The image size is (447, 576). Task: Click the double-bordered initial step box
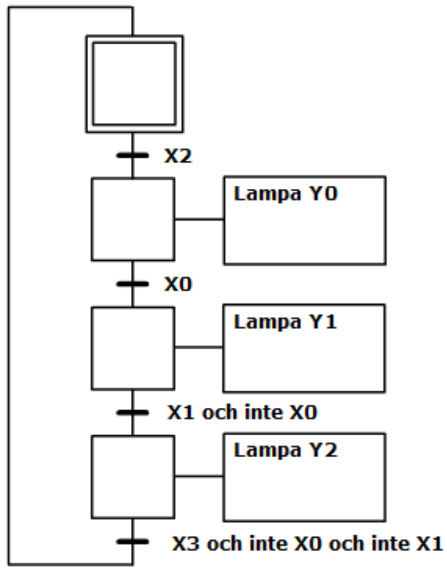point(133,83)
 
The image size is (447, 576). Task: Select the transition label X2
point(178,156)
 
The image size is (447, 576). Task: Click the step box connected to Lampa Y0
point(133,219)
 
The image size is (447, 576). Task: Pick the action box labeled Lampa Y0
point(304,220)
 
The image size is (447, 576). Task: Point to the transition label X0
point(178,285)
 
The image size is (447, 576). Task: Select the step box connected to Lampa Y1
point(133,348)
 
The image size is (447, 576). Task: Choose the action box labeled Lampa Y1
point(304,348)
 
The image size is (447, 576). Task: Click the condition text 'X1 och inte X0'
point(242,413)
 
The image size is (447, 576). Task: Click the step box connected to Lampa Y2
point(133,476)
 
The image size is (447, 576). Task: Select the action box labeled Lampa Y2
point(304,477)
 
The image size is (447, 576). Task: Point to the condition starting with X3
point(307,542)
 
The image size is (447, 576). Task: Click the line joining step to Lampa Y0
point(199,220)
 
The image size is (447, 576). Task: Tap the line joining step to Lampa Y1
point(199,347)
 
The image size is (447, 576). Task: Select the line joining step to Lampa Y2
point(199,476)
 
